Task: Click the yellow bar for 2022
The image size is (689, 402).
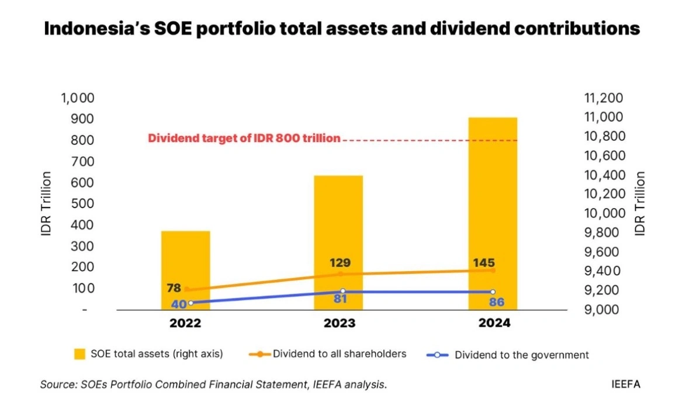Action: pyautogui.click(x=185, y=270)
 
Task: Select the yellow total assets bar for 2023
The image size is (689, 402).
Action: pyautogui.click(x=338, y=242)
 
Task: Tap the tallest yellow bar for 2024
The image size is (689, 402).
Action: pyautogui.click(x=493, y=213)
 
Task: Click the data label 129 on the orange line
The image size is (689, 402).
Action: pyautogui.click(x=340, y=263)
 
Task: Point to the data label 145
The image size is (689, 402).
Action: pyautogui.click(x=484, y=263)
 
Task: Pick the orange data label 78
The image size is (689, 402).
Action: pyautogui.click(x=174, y=288)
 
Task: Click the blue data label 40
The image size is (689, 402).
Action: pyautogui.click(x=179, y=304)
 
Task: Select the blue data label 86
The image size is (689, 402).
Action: pyautogui.click(x=497, y=302)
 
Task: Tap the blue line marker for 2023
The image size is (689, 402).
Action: pyautogui.click(x=342, y=292)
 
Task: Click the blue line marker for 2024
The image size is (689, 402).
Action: pyautogui.click(x=493, y=292)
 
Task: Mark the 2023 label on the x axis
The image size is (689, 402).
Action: pyautogui.click(x=339, y=323)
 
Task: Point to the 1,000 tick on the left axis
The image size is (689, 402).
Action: pyautogui.click(x=78, y=98)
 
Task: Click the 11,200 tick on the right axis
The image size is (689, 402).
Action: pyautogui.click(x=603, y=98)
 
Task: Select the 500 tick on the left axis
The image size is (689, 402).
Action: pyautogui.click(x=82, y=203)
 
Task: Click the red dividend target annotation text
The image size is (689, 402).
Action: pyautogui.click(x=244, y=138)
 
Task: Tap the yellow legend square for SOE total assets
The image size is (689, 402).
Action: pyautogui.click(x=79, y=354)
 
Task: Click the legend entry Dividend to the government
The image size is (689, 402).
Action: pyautogui.click(x=507, y=355)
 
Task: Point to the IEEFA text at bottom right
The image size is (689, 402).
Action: pyautogui.click(x=626, y=384)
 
